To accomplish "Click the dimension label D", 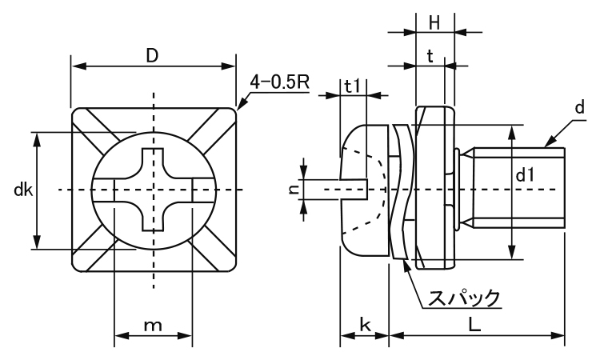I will tap(151, 55).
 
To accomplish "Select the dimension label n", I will tap(294, 189).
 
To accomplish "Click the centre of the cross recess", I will tap(154, 190).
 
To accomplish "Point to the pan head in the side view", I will tap(364, 189).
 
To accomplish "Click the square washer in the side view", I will tap(434, 189).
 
